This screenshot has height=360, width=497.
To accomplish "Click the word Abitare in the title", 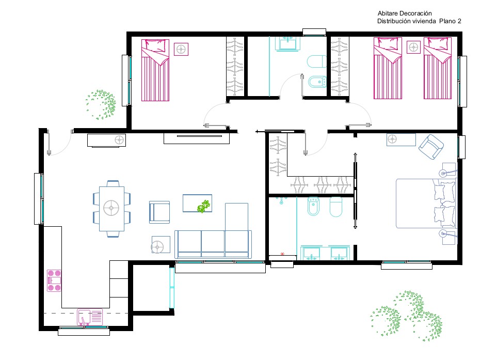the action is click(x=388, y=13).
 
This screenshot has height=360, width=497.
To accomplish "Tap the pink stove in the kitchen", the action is click(x=54, y=280).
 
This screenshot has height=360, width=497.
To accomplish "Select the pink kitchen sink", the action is click(x=90, y=317).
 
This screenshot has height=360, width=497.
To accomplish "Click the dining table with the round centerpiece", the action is click(x=111, y=209).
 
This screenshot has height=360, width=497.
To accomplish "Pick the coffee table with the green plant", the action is click(x=197, y=204).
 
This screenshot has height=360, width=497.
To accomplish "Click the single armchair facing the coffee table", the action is click(x=159, y=212).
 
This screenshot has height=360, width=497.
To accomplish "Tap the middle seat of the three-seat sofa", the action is click(x=213, y=244).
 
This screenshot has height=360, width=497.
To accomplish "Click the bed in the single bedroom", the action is click(x=155, y=70).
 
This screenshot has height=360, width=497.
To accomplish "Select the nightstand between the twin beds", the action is click(x=413, y=48).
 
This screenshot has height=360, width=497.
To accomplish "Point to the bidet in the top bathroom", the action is click(x=317, y=82).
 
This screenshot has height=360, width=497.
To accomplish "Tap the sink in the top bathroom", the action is click(x=288, y=43).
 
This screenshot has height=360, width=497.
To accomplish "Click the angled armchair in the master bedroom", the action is click(x=431, y=147).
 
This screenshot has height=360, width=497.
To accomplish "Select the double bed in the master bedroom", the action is click(x=426, y=204).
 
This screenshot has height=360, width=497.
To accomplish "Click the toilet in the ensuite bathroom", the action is click(x=336, y=207).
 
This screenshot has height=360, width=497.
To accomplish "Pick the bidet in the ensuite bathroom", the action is click(x=313, y=206).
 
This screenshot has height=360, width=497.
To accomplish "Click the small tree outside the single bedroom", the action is click(x=101, y=105).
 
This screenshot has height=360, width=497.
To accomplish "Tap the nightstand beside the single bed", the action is click(x=181, y=49).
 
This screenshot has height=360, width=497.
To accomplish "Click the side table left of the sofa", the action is click(x=161, y=244).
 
